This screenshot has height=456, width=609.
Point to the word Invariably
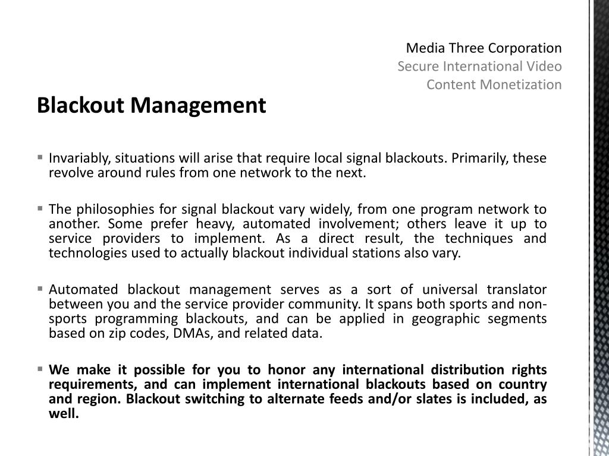79,159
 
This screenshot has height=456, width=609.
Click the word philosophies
113,209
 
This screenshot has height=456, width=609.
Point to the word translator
516,290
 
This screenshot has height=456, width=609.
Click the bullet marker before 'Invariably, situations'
40,158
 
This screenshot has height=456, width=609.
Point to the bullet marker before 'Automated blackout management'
40,289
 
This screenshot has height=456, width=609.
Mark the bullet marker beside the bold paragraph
40,369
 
